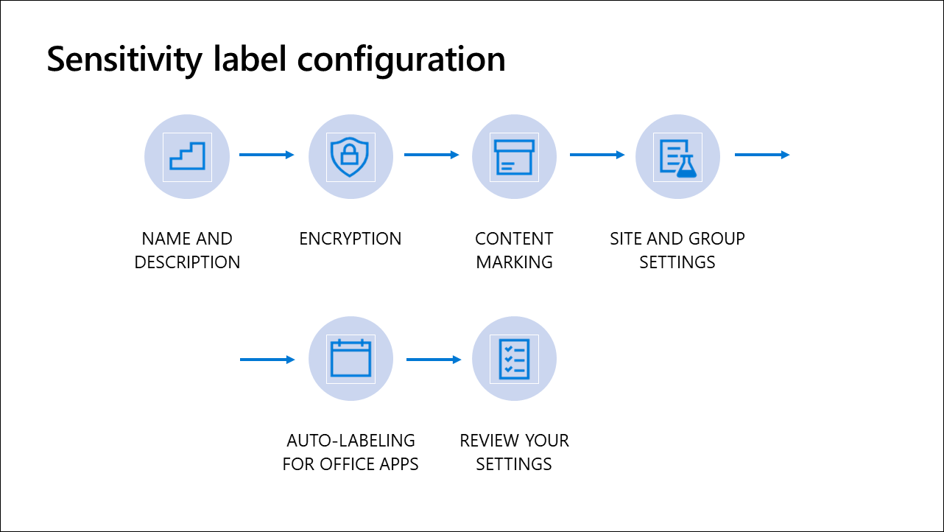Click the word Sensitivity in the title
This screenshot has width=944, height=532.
124,60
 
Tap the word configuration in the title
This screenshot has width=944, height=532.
401,60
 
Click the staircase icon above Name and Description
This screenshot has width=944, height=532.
187,156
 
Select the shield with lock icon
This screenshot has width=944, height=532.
350,156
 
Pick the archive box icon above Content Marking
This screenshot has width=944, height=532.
514,157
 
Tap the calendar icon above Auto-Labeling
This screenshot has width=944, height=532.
351,358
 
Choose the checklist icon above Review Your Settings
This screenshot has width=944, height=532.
514,359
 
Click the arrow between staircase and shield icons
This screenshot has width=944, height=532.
267,155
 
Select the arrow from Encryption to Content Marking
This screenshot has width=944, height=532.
432,155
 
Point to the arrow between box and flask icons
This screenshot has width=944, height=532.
597,155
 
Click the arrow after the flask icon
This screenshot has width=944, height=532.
762,155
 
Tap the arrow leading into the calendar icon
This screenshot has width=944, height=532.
267,360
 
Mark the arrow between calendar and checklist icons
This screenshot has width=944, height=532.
434,360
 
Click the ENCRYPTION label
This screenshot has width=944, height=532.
351,239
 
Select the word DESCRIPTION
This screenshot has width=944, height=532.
187,262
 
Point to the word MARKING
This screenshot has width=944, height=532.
514,262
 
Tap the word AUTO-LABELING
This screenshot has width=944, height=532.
351,441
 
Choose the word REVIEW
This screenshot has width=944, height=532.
485,441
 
